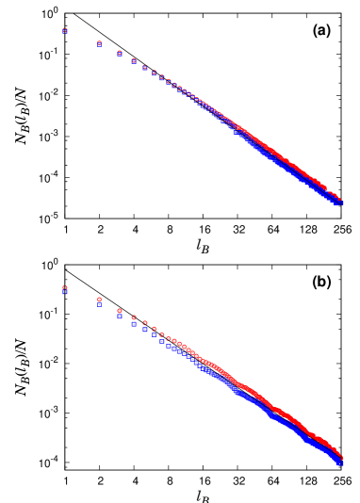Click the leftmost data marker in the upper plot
pyautogui.click(x=65, y=31)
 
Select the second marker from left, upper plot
pyautogui.click(x=100, y=43)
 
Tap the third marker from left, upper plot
pyautogui.click(x=120, y=53)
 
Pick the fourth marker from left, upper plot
pyautogui.click(x=134, y=61)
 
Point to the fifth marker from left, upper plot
pyautogui.click(x=145, y=68)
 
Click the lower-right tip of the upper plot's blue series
pyautogui.click(x=341, y=203)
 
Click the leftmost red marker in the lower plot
pyautogui.click(x=65, y=287)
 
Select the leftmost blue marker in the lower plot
pyautogui.click(x=65, y=293)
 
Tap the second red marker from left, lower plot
pyautogui.click(x=100, y=300)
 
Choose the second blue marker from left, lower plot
pyautogui.click(x=100, y=305)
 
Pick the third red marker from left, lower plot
pyautogui.click(x=120, y=310)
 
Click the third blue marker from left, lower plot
pyautogui.click(x=120, y=316)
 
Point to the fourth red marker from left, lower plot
pyautogui.click(x=134, y=317)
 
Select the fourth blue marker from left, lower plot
pyautogui.click(x=134, y=324)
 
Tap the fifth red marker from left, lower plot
pyautogui.click(x=145, y=323)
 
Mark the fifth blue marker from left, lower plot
pyautogui.click(x=145, y=330)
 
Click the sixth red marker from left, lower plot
pyautogui.click(x=155, y=329)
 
